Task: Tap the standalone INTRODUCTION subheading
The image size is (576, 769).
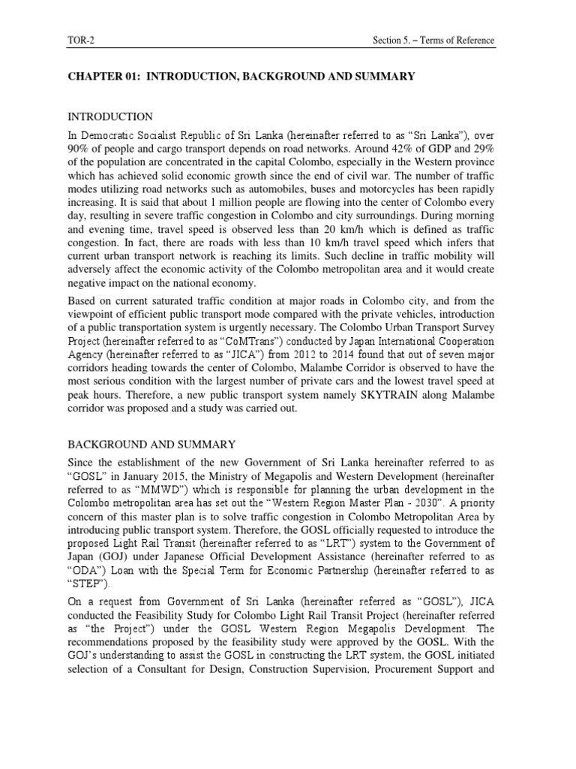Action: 110,117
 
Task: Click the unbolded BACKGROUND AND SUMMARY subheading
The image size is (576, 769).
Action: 151,445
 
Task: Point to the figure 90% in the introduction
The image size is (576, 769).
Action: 79,150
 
